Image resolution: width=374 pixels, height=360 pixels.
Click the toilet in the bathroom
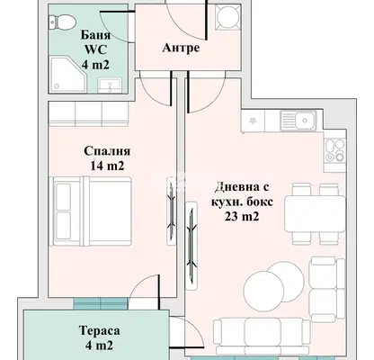click(62, 22)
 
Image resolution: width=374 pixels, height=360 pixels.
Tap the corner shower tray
click(67, 75)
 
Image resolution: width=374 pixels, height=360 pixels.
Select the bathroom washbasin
click(110, 85)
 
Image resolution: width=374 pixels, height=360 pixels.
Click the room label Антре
click(181, 48)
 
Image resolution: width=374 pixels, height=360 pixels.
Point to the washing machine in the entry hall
click(227, 17)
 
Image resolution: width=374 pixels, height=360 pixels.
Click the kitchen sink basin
click(298, 121)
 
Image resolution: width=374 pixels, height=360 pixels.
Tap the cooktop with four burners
click(334, 150)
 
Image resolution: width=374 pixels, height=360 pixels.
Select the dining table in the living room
click(315, 214)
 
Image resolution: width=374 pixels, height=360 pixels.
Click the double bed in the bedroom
click(93, 211)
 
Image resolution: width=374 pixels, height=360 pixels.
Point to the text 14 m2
click(107, 166)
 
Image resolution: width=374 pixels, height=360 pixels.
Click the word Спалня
click(107, 151)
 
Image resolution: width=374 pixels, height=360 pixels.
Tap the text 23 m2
click(242, 217)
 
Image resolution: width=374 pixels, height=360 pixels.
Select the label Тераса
click(100, 330)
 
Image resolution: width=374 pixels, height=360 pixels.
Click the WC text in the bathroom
click(95, 49)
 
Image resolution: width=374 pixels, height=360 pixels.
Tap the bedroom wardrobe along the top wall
click(88, 114)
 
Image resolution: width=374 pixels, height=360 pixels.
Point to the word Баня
click(95, 35)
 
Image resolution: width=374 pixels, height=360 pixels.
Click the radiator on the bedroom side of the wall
click(172, 211)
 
